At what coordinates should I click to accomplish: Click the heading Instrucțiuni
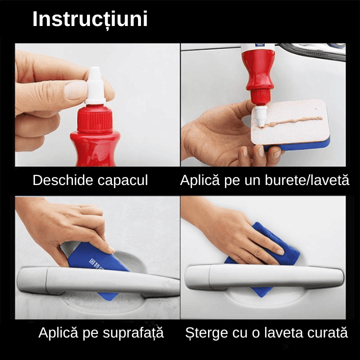pyautogui.click(x=90, y=19)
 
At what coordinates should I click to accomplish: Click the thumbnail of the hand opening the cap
pyautogui.click(x=97, y=105)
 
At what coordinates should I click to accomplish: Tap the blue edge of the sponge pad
pyautogui.click(x=300, y=146)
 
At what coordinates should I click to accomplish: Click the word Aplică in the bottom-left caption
pyautogui.click(x=58, y=332)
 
